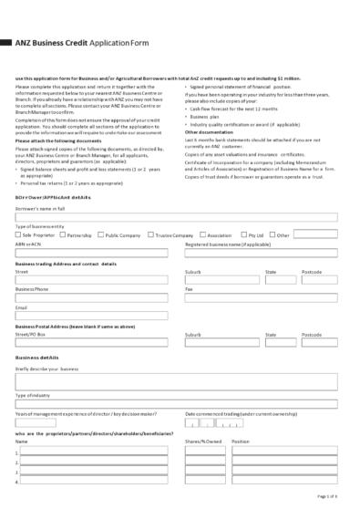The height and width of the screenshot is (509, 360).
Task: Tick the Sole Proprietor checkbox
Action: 18,234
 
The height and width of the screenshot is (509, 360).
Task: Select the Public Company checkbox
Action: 100,234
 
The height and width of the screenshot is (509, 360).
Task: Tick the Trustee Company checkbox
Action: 151,234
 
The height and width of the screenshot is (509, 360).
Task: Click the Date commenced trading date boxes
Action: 214,423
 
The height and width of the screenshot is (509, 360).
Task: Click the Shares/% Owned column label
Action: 203,441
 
